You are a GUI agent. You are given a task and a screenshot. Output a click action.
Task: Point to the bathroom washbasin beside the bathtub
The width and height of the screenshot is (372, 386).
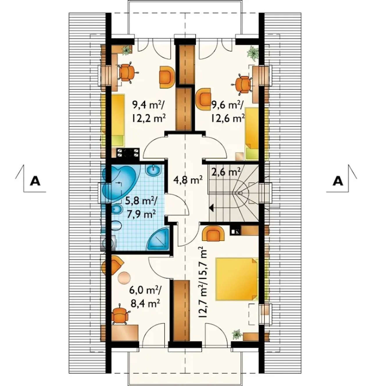click(x=153, y=170)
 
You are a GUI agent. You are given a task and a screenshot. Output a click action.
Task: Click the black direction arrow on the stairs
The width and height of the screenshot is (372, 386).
click(x=211, y=208)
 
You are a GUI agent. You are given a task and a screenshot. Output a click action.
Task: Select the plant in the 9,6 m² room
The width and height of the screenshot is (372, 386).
click(x=253, y=53)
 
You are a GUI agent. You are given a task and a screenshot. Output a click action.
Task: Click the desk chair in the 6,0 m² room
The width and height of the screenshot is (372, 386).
click(x=120, y=316)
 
